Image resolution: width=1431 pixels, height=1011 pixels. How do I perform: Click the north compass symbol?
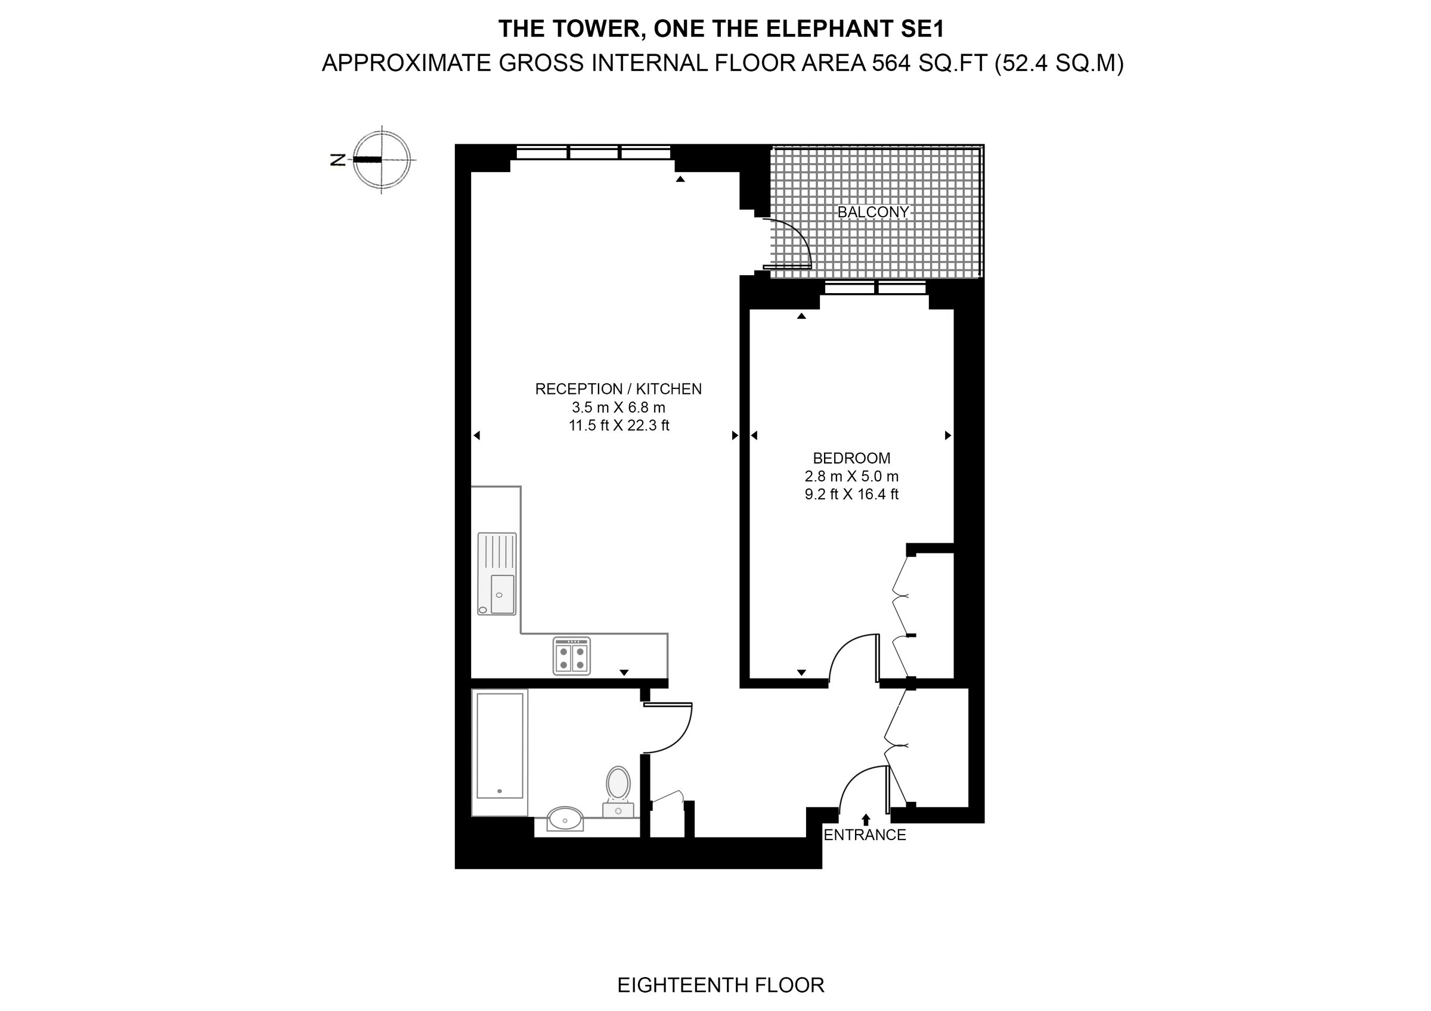point(381,160)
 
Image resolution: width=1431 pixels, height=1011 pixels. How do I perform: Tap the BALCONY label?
point(872,212)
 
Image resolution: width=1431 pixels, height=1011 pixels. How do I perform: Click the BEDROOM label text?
point(851,458)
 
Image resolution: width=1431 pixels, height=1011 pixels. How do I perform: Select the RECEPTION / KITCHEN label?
point(618,388)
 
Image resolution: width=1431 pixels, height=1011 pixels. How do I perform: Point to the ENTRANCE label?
point(865,835)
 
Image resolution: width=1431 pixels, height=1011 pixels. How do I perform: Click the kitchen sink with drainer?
point(497,574)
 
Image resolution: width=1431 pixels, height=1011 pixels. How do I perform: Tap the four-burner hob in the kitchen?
point(572,655)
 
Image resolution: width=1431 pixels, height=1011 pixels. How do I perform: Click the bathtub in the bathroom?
point(499,746)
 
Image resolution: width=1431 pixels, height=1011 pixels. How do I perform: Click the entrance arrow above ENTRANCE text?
point(866,819)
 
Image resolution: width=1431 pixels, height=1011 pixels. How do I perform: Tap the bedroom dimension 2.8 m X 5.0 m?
point(851,477)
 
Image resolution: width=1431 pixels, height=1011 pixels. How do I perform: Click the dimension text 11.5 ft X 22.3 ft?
point(618,426)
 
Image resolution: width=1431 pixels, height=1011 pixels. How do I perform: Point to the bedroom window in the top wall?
point(875,288)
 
